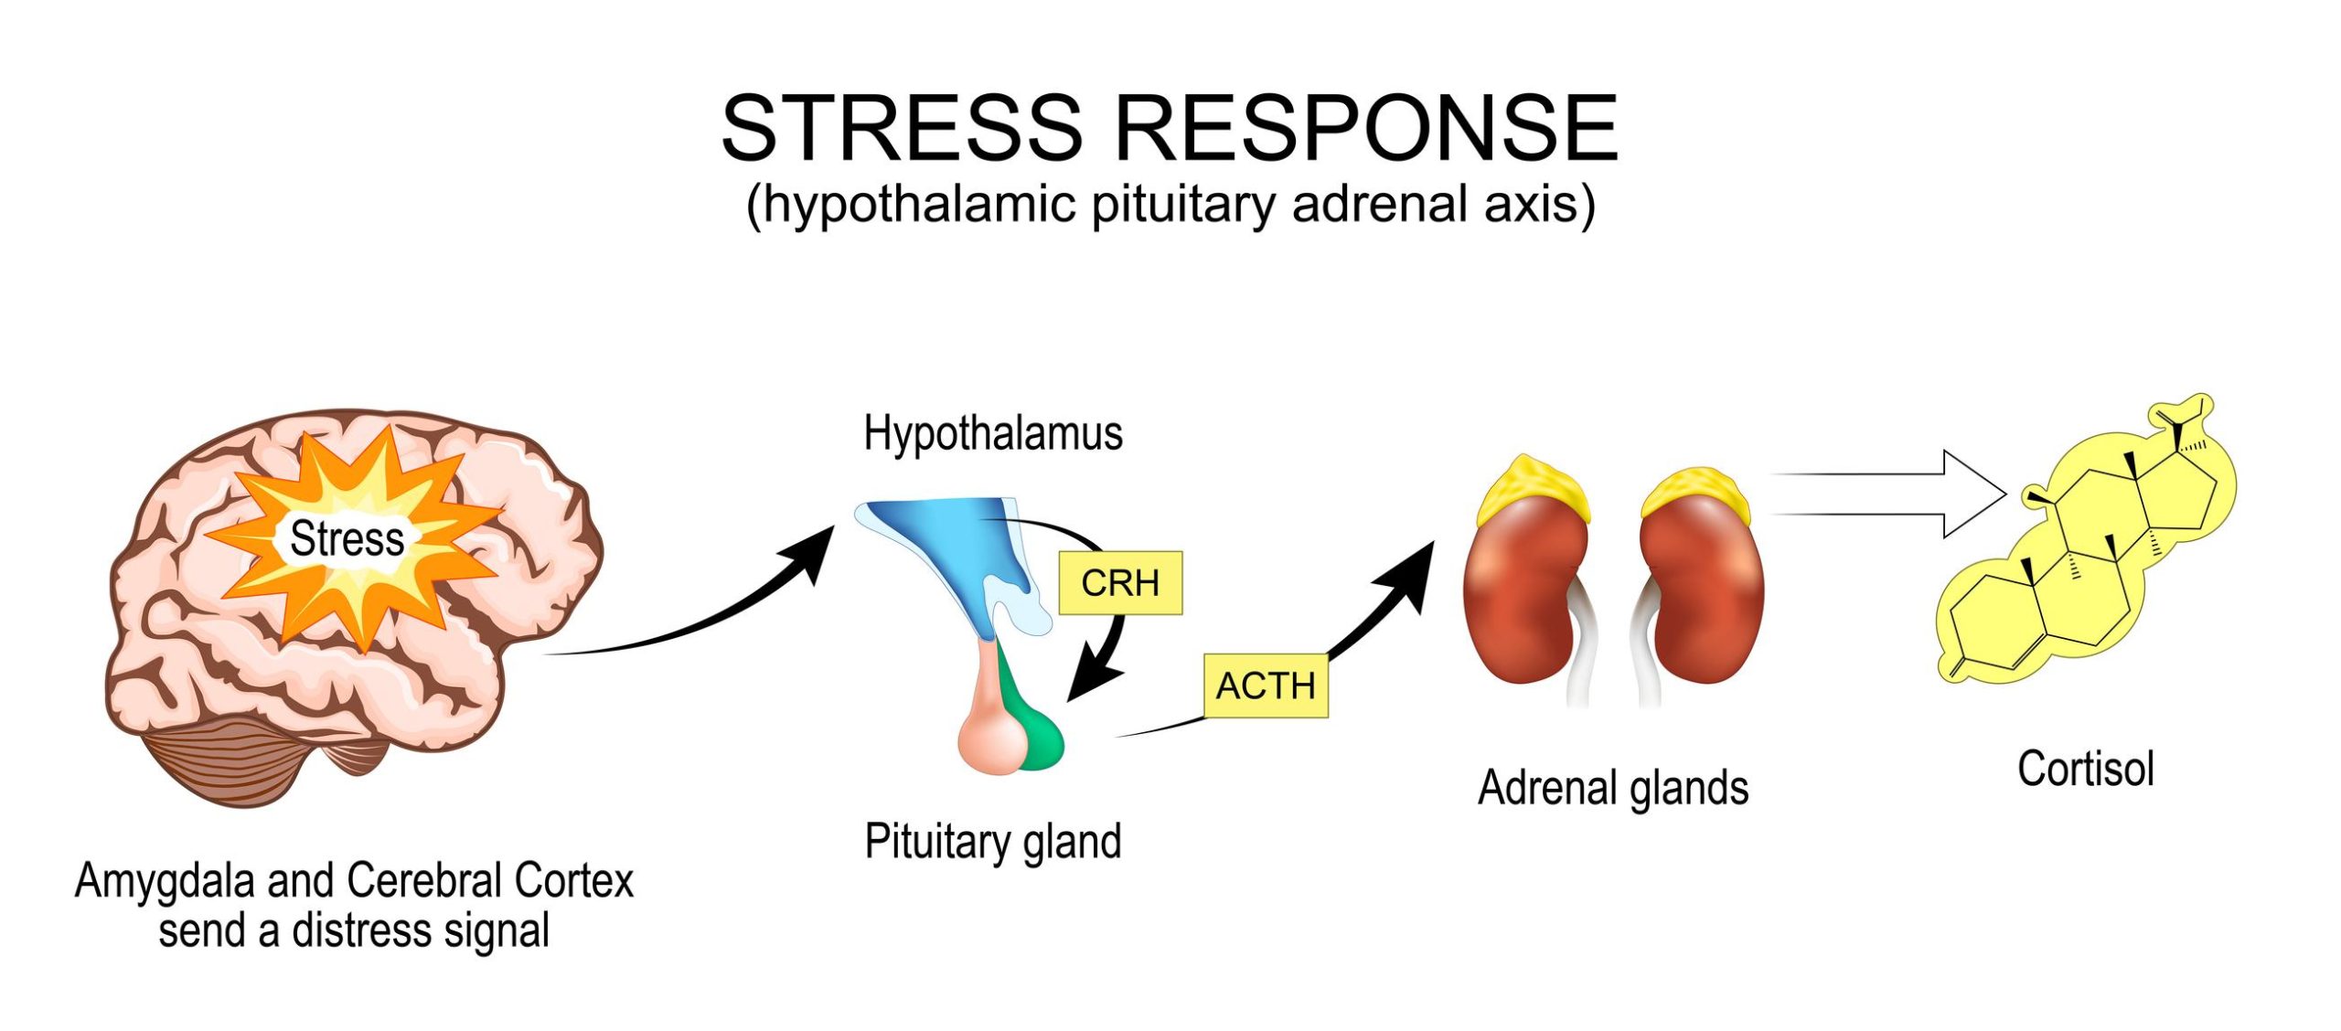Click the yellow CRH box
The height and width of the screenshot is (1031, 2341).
[1119, 582]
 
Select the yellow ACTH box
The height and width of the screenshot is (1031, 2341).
[1266, 686]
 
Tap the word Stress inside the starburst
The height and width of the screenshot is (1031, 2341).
[347, 538]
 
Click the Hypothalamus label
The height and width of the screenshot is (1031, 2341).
[993, 433]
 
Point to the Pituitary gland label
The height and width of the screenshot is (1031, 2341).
[993, 841]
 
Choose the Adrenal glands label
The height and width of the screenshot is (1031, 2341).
[1613, 788]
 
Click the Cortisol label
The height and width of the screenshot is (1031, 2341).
[2086, 769]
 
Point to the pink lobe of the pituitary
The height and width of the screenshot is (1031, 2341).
[992, 731]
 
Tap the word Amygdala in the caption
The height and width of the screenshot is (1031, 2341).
[165, 881]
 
